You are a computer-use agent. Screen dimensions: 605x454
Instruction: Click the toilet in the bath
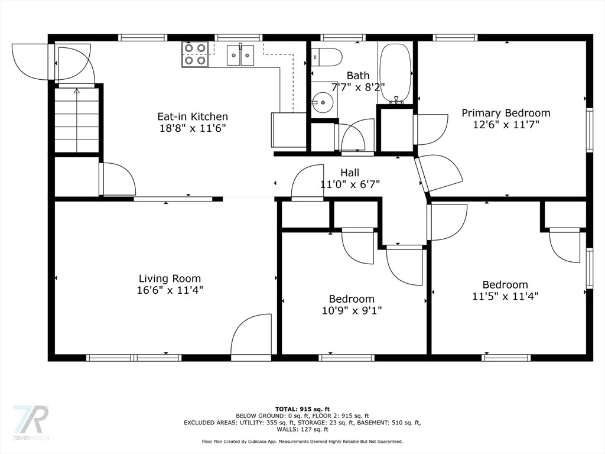click(x=326, y=57)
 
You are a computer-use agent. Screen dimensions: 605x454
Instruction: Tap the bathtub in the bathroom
click(x=395, y=73)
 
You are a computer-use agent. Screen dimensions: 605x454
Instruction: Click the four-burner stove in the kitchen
click(x=195, y=54)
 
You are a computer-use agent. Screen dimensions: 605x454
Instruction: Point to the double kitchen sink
click(x=240, y=56)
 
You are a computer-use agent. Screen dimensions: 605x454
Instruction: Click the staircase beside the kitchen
click(x=77, y=120)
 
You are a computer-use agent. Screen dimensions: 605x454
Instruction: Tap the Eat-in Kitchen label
click(x=193, y=116)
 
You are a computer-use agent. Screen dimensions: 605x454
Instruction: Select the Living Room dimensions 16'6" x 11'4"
click(x=170, y=290)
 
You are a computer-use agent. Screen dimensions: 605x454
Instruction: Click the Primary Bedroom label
click(x=506, y=113)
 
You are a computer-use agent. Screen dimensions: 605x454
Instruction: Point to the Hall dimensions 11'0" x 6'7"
click(x=350, y=184)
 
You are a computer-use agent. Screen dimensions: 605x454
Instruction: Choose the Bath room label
click(x=357, y=75)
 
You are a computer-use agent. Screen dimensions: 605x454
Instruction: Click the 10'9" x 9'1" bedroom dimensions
click(x=352, y=310)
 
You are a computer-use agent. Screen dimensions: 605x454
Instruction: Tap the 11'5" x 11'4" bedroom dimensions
click(x=506, y=296)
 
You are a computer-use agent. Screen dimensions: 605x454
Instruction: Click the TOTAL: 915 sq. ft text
click(x=302, y=409)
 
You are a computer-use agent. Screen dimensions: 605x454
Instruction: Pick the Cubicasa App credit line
click(x=302, y=441)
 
